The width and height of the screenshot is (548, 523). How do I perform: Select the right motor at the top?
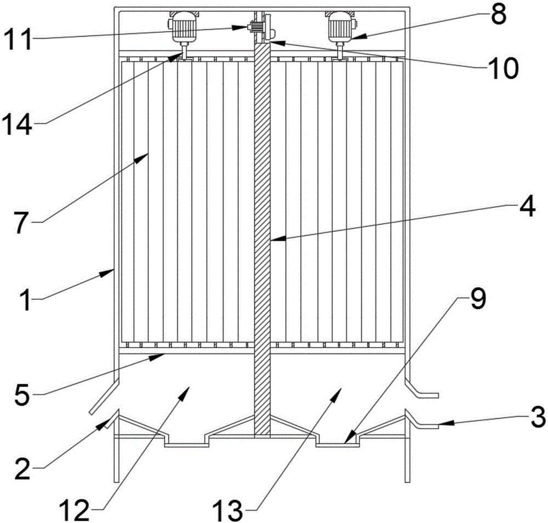point(340,27)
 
